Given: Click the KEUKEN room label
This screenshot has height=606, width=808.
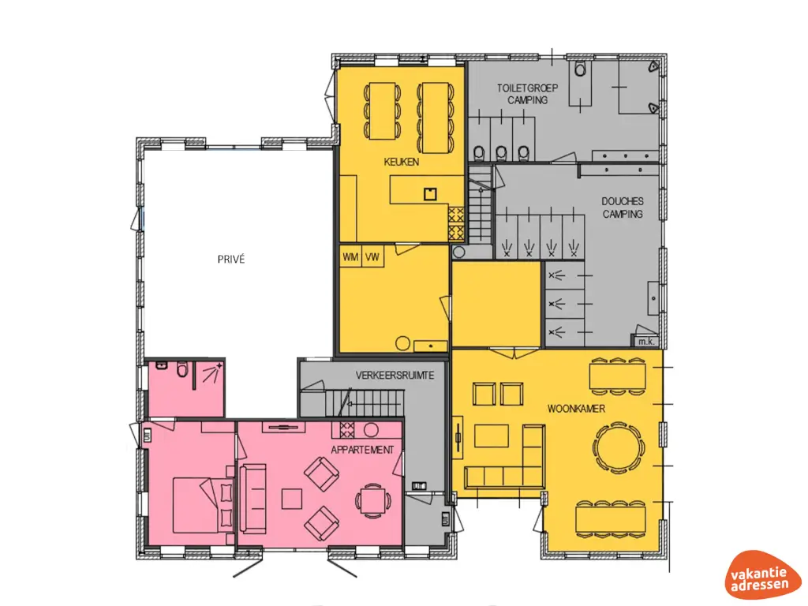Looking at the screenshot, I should [x=401, y=162].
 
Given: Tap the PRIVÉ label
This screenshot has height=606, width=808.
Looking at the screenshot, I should [x=231, y=259].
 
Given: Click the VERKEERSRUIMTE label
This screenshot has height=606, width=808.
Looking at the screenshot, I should [x=395, y=376].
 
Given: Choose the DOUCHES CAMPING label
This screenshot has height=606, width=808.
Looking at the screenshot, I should [x=623, y=208].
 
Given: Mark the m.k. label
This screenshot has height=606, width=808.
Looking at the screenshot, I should [x=645, y=341].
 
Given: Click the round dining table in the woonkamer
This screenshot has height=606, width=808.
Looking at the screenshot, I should [x=621, y=447].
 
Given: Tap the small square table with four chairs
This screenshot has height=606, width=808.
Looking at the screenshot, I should [x=371, y=499].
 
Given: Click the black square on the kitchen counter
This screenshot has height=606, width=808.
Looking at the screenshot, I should [x=430, y=193].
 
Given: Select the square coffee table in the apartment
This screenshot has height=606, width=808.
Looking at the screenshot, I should [x=293, y=499].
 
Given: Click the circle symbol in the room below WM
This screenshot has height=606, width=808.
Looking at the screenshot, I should [x=402, y=343].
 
